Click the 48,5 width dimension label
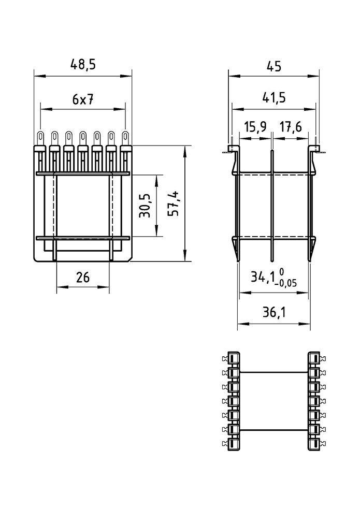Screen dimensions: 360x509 (83, 64)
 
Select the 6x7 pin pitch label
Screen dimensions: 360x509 (83, 99)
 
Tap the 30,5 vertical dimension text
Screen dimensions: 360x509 (145, 206)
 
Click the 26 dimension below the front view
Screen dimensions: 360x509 (83, 277)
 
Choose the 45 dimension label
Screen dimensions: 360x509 (273, 66)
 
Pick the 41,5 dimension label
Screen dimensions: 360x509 (273, 97)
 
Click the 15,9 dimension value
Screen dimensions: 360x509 (255, 126)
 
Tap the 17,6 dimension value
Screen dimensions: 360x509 (291, 126)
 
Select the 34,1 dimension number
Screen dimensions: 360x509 (263, 277)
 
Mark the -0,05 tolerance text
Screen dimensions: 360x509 (285, 283)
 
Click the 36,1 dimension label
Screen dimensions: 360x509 (273, 313)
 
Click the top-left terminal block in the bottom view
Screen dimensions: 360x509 (234, 358)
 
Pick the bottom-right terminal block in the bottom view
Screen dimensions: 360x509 (314, 444)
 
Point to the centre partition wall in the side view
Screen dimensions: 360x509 (272, 206)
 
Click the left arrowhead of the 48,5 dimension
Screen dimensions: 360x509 (39, 76)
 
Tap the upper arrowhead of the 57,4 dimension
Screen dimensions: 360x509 (185, 152)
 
